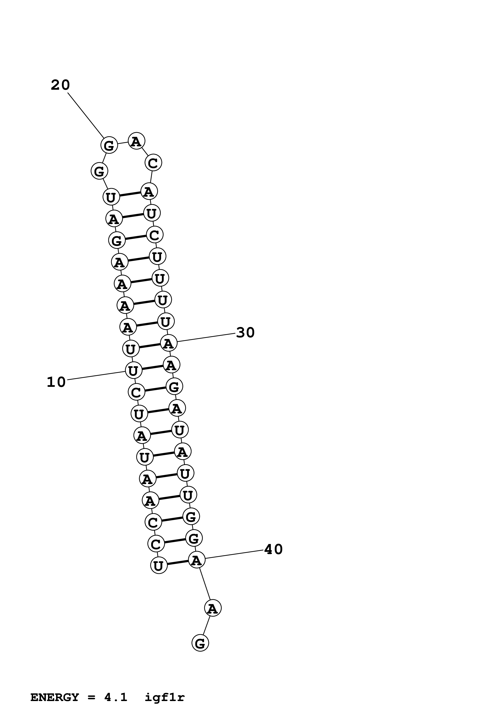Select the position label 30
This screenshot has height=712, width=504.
245,332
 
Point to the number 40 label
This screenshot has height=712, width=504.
273,549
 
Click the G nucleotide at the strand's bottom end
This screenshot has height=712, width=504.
200,643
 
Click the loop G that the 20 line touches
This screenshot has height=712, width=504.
109,145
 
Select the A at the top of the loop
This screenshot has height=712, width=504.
136,141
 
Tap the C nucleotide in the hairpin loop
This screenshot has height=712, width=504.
153,163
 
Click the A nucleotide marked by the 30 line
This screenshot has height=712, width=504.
169,343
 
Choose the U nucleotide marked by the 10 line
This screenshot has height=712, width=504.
133,370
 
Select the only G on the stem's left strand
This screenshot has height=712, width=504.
117,240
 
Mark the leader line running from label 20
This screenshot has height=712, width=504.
86,115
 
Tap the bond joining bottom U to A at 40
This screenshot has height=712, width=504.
178,563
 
